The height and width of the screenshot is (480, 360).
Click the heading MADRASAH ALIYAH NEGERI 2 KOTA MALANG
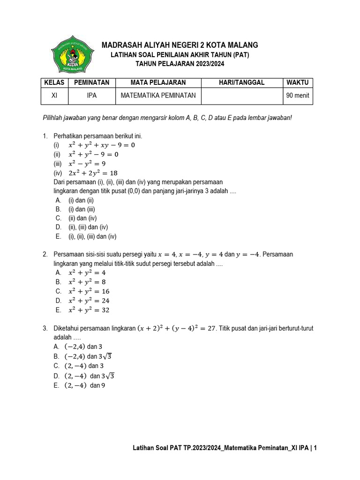(180, 45)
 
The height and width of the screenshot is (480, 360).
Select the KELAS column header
(53, 82)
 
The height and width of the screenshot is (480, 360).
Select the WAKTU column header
(298, 82)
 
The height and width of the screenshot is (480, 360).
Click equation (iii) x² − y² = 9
(87, 164)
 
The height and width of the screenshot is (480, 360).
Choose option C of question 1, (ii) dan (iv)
(82, 218)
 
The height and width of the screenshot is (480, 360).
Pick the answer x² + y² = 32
(89, 310)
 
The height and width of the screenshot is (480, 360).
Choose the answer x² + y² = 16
(89, 291)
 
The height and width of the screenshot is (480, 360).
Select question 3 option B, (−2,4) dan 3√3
(90, 356)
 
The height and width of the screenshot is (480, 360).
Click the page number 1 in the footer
(315, 448)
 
